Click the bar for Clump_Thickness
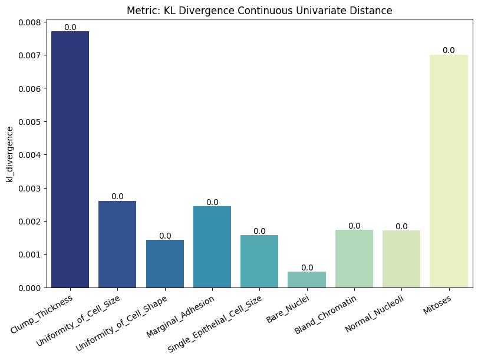point(70,159)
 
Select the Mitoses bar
point(449,171)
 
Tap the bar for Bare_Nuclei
point(306,280)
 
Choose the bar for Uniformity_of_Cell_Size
point(117,244)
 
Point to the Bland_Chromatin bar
point(354,259)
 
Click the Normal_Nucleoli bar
point(401,259)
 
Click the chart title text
point(259,11)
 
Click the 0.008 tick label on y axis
point(28,22)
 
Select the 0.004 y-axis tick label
point(28,155)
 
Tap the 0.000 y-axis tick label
point(28,288)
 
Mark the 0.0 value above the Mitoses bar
point(449,50)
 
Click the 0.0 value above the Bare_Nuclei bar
point(307,267)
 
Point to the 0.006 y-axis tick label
point(28,88)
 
